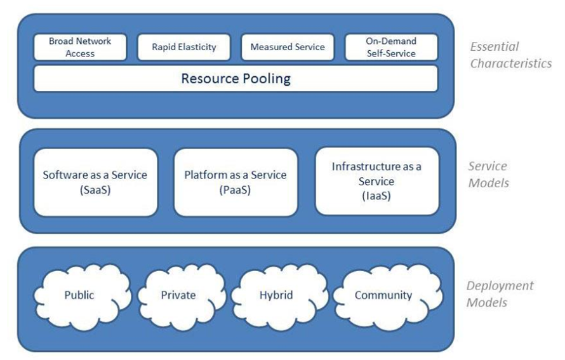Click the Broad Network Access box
coord(80,47)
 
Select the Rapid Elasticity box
coord(184,47)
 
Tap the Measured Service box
coord(288,47)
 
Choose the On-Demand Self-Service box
coord(391,47)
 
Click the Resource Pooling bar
coord(236,79)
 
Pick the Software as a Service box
coord(95,182)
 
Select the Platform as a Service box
coord(236,182)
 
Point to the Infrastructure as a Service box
coord(376,181)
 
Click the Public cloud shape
coord(79,295)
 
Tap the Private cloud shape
coord(178,295)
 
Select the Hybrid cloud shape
coord(275,295)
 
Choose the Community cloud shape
coord(383,295)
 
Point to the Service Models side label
coord(489,174)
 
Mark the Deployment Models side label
coord(500,294)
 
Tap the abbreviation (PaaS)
coord(235,189)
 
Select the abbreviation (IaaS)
coord(376,196)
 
